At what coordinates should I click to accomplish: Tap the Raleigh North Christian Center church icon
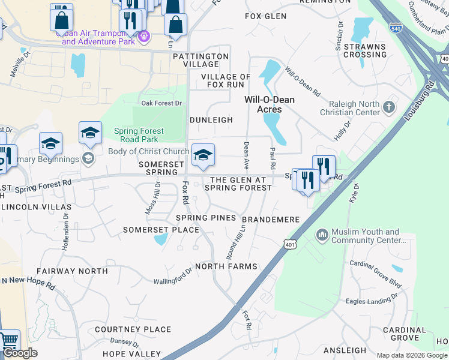[389, 107]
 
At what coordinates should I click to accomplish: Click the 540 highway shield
[396, 28]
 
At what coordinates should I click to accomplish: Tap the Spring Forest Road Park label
[139, 135]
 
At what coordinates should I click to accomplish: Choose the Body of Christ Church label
[148, 152]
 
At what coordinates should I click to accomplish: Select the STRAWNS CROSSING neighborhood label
[365, 50]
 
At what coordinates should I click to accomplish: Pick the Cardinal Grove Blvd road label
[375, 265]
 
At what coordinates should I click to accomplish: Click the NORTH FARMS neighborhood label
[226, 266]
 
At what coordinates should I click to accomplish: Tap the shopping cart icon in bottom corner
[8, 341]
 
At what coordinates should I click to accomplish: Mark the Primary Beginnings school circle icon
[88, 159]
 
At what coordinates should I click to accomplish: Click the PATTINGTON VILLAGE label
[200, 60]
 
